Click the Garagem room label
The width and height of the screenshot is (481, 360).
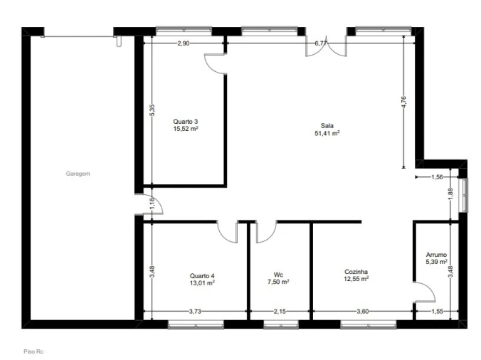click(78, 174)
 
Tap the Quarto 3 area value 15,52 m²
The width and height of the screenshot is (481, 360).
click(186, 129)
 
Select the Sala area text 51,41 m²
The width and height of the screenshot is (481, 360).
click(327, 133)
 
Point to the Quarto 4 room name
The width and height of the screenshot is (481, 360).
click(202, 275)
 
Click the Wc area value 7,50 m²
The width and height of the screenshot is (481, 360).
click(278, 282)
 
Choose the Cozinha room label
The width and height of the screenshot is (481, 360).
click(356, 272)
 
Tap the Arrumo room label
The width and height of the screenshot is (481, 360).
click(436, 255)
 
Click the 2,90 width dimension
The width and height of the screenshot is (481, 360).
click(184, 43)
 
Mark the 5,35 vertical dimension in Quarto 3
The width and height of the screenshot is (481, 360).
click(152, 110)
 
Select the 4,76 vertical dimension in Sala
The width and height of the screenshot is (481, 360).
click(403, 102)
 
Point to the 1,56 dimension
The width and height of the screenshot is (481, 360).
click(437, 177)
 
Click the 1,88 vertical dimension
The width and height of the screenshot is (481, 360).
click(450, 194)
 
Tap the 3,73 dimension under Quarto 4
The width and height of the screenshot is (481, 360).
click(195, 312)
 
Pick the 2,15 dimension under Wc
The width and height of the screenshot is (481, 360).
click(280, 312)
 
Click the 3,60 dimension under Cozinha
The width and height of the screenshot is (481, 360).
click(363, 312)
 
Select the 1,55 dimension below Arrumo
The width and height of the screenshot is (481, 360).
click(437, 312)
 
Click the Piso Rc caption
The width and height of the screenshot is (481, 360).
click(33, 351)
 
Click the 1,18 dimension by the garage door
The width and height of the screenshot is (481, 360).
click(152, 204)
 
